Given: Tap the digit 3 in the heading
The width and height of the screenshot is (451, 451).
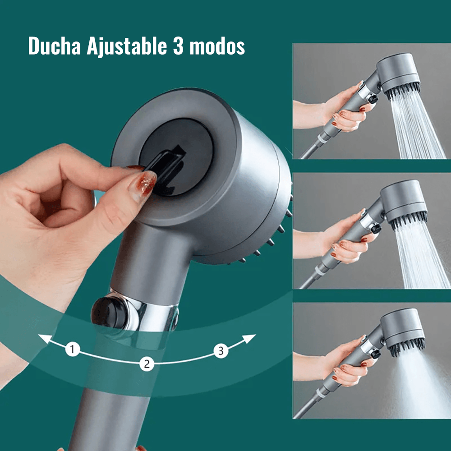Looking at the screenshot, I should (177, 46).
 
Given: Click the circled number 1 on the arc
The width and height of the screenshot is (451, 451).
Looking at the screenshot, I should (73, 349).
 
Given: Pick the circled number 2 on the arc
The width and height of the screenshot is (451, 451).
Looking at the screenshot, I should (145, 364).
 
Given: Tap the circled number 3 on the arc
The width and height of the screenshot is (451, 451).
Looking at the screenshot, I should (221, 351).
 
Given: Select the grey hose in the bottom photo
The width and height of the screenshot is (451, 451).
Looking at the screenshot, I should (307, 406).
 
